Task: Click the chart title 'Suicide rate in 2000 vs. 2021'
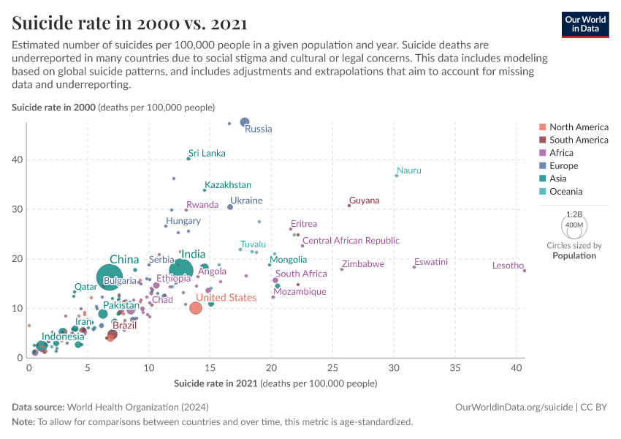(129, 23)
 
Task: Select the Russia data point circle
(245, 122)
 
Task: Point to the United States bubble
(196, 308)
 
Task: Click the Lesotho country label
(508, 266)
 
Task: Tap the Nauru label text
(409, 170)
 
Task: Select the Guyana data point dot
(349, 206)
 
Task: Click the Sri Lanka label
(207, 154)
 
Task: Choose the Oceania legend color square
(542, 192)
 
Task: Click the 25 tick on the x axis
(332, 368)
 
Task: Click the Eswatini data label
(431, 262)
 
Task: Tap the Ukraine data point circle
(230, 207)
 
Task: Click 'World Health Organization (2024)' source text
(128, 407)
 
